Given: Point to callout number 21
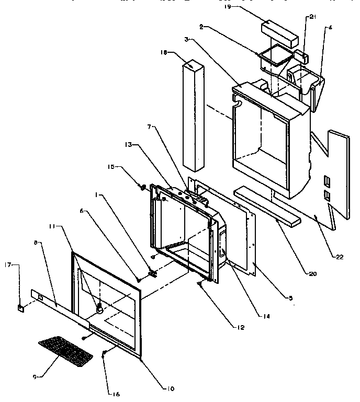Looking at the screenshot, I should [x=313, y=17].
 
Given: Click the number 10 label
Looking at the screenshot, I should [x=171, y=388].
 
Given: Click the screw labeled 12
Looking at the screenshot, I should [x=200, y=284].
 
